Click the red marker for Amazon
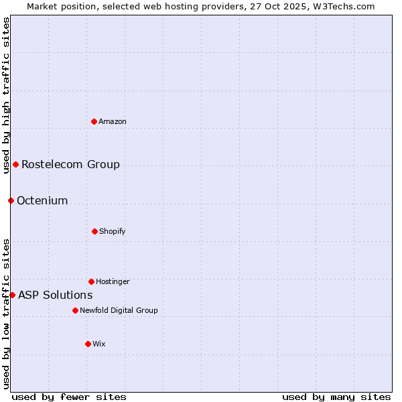pos(94,121)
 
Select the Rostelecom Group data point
pos(16,164)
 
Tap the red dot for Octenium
pos(11,200)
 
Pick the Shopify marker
pos(94,231)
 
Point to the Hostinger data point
pos(91,281)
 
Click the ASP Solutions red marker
pos(12,295)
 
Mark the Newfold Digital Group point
pos(75,310)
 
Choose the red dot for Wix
pos(88,344)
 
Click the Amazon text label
pos(113,121)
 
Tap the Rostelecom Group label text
pos(70,164)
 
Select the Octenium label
pos(42,200)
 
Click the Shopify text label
pos(112,231)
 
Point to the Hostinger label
pos(113,281)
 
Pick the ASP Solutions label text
pos(55,295)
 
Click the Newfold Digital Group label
pos(119,310)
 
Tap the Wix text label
pos(99,344)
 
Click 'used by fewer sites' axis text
pos(69,397)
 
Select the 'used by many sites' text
pos(336,397)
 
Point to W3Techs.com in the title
pos(342,6)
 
